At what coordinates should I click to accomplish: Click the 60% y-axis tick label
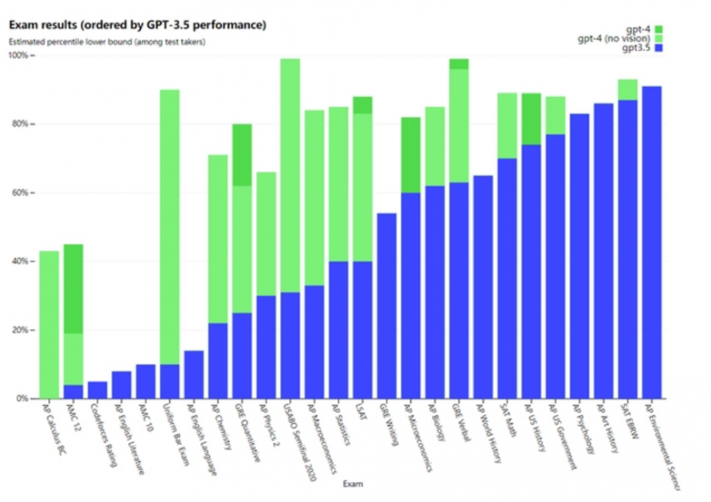(21, 193)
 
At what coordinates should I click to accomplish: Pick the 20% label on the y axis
(21, 330)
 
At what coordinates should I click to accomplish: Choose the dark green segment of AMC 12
(73, 289)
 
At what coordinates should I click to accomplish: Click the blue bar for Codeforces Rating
(97, 390)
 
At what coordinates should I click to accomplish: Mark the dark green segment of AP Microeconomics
(410, 155)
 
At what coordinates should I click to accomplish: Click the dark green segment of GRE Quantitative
(242, 155)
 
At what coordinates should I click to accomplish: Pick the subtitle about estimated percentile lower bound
(107, 42)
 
